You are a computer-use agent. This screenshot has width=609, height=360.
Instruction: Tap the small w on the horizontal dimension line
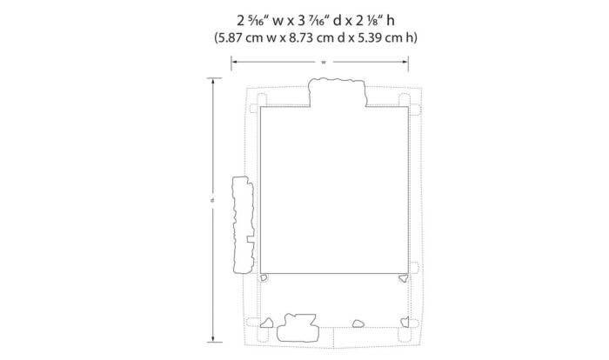pyautogui.click(x=324, y=62)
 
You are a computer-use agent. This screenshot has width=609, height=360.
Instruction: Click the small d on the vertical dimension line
pyautogui.click(x=212, y=200)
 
